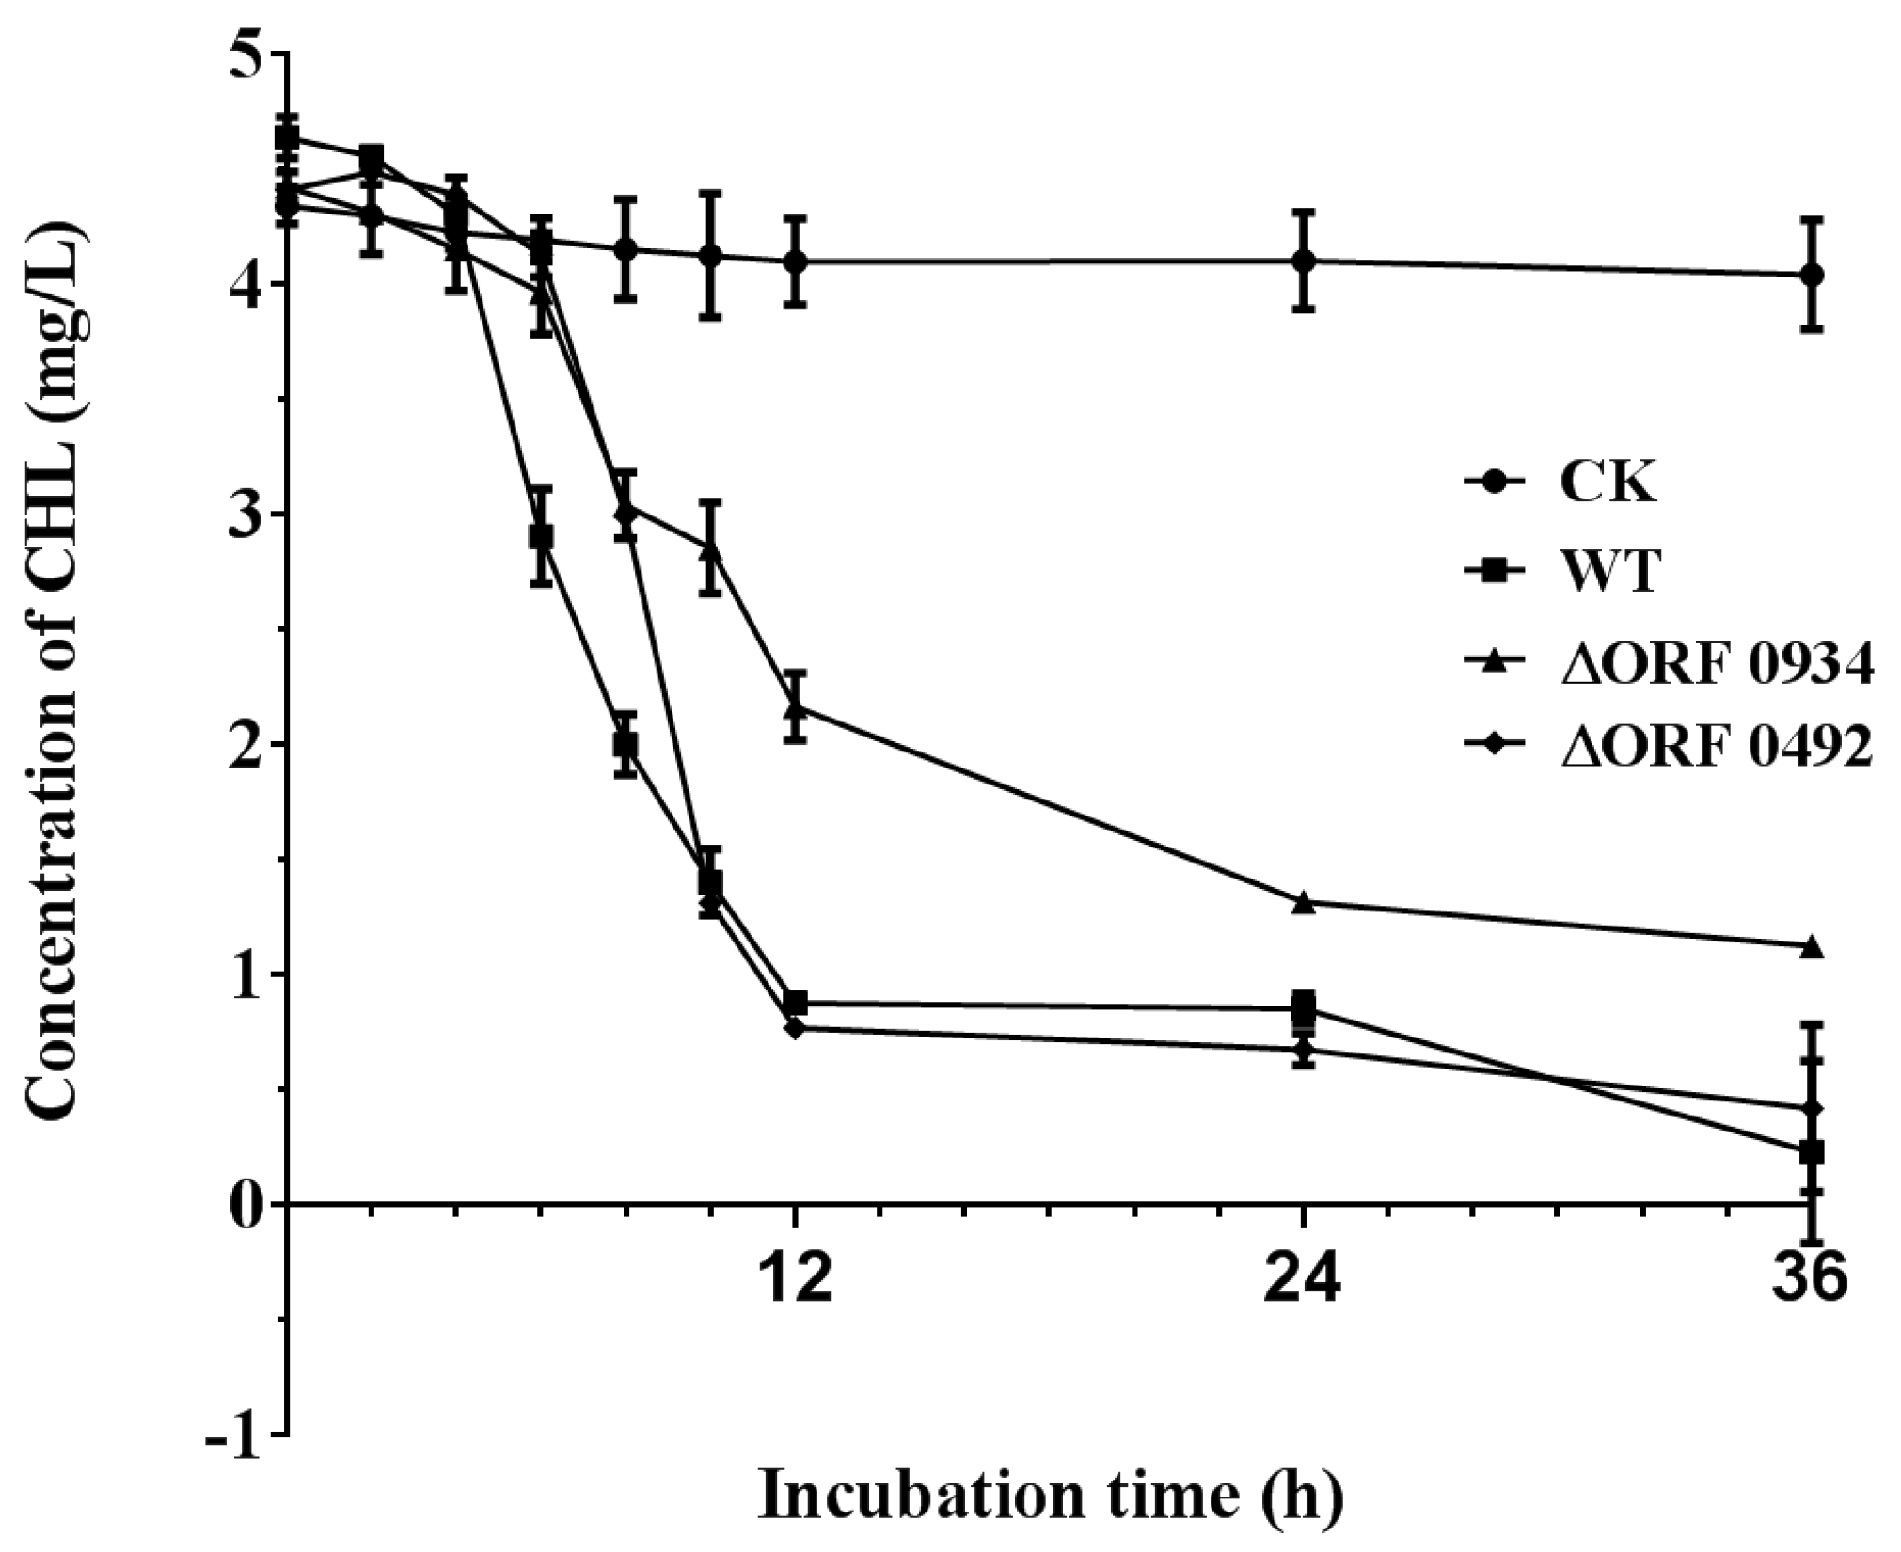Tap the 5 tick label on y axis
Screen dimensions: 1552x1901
pos(247,54)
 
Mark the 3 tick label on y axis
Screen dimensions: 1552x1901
pos(247,515)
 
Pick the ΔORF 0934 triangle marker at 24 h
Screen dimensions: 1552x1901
pos(1303,903)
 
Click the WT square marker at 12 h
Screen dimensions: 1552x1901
pos(796,1003)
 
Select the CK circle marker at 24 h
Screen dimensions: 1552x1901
pos(1303,261)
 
